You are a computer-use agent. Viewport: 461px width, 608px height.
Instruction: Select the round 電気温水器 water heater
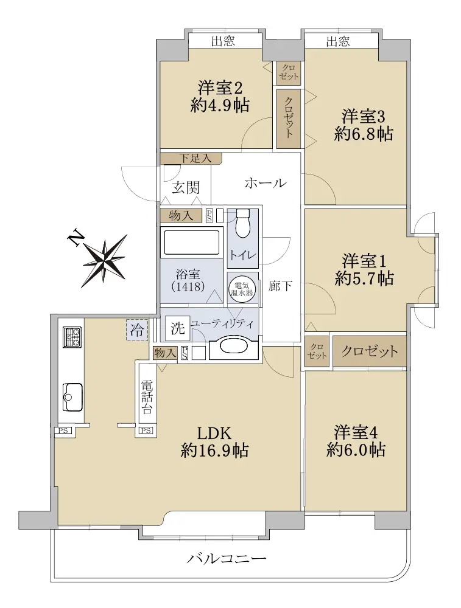pyautogui.click(x=242, y=288)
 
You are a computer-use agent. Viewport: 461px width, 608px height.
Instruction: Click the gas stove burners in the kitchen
pyautogui.click(x=72, y=337)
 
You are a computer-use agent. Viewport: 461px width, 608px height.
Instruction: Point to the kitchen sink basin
pyautogui.click(x=72, y=396)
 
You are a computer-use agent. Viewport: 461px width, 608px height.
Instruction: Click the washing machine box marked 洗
pyautogui.click(x=177, y=329)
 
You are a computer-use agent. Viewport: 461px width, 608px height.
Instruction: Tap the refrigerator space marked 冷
pyautogui.click(x=136, y=330)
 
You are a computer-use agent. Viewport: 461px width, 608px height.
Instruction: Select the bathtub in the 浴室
pyautogui.click(x=191, y=243)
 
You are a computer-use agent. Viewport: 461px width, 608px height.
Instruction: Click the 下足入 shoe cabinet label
pyautogui.click(x=195, y=158)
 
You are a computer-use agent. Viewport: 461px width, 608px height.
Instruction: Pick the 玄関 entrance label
pyautogui.click(x=186, y=188)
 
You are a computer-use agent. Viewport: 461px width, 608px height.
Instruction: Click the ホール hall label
pyautogui.click(x=266, y=182)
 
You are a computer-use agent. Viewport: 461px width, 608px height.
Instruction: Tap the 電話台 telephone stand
pyautogui.click(x=147, y=397)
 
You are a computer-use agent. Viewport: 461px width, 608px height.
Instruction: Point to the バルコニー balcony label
pyautogui.click(x=227, y=558)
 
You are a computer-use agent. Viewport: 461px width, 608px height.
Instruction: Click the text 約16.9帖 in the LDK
pyautogui.click(x=215, y=451)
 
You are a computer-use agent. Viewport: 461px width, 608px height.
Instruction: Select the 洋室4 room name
pyautogui.click(x=356, y=432)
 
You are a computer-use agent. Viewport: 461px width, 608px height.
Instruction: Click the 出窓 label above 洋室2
pyautogui.click(x=223, y=41)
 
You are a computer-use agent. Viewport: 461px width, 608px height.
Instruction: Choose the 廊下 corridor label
pyautogui.click(x=280, y=286)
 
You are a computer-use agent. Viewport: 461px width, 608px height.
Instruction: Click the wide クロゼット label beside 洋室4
pyautogui.click(x=369, y=351)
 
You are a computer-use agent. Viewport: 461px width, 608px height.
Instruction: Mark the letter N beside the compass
pyautogui.click(x=76, y=238)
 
